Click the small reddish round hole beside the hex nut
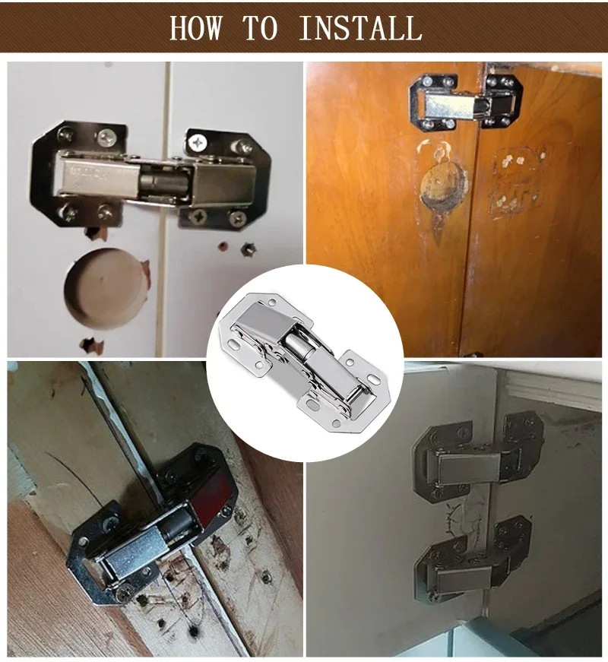coord(223,247)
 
